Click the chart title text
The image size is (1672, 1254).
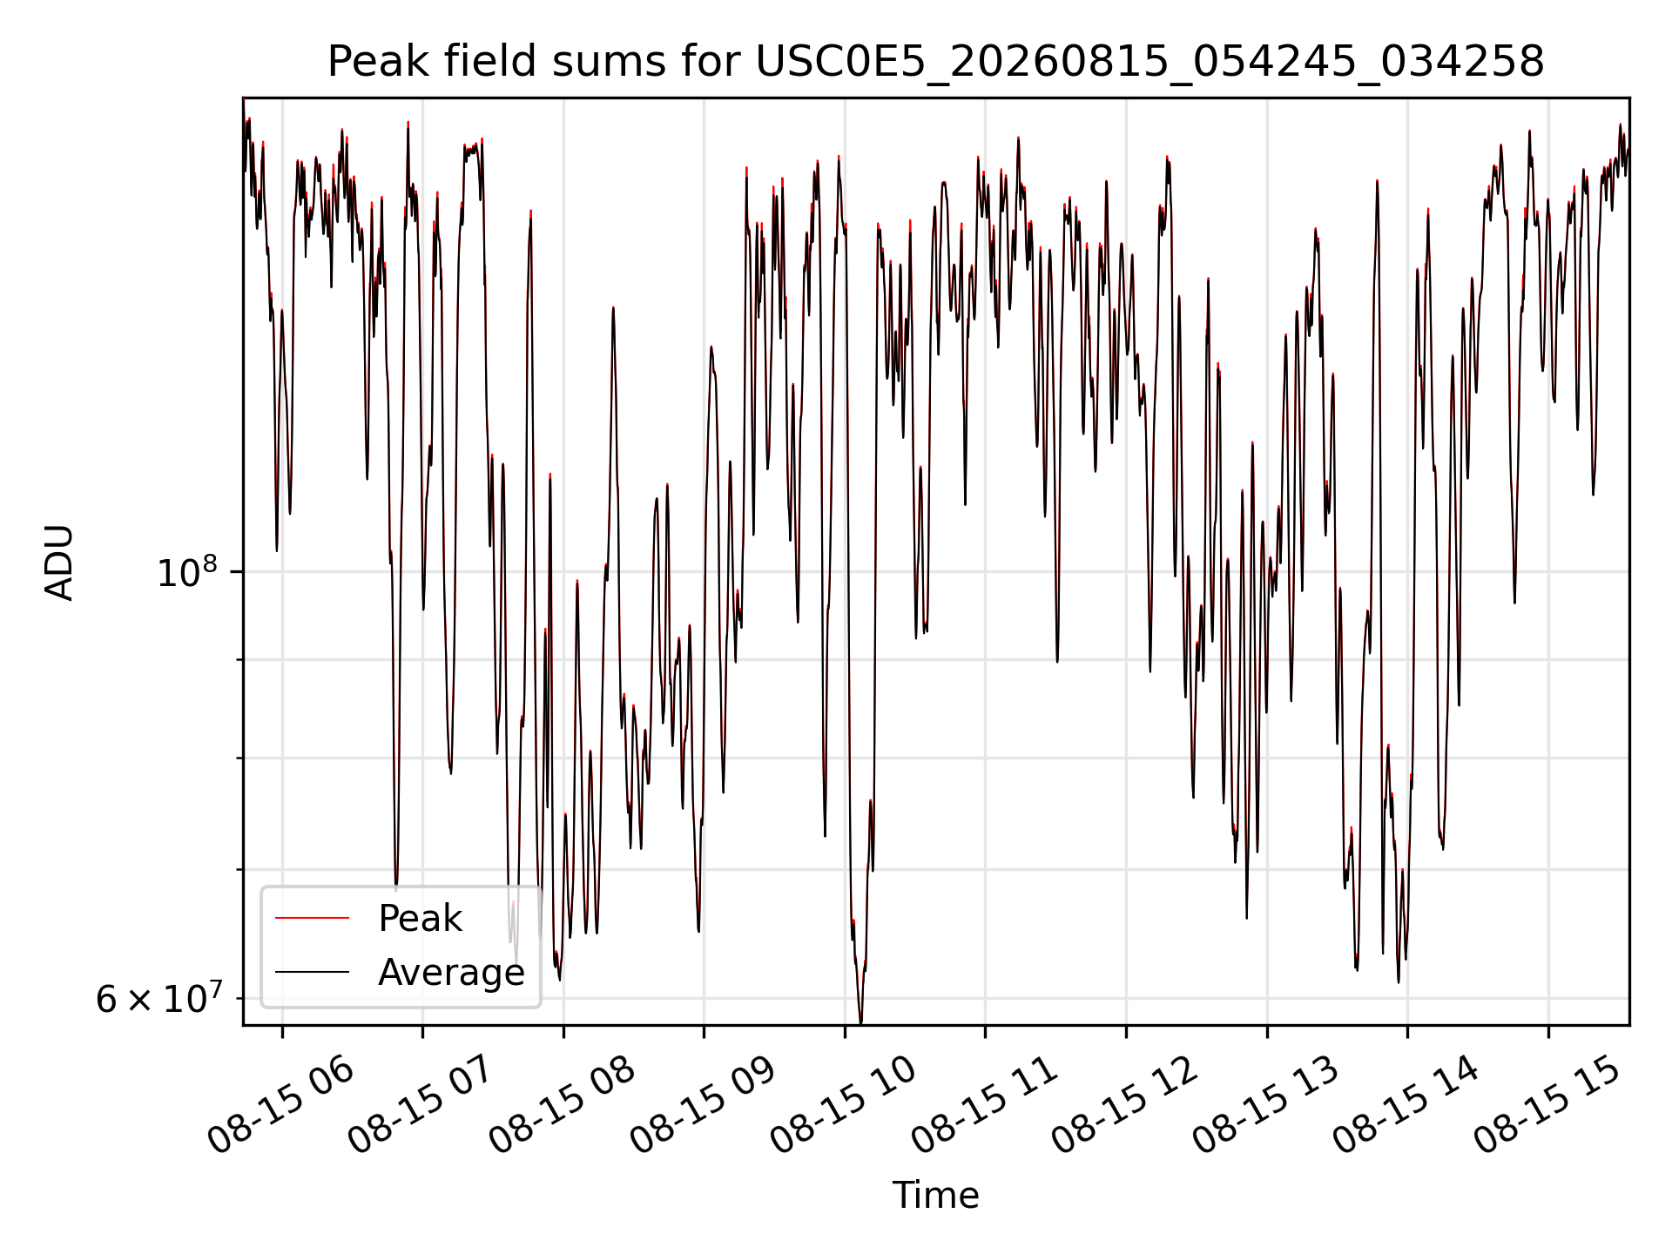point(935,63)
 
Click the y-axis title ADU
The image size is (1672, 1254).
point(59,563)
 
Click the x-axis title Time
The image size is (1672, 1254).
point(935,1196)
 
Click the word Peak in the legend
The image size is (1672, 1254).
point(420,919)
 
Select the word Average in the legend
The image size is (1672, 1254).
point(451,973)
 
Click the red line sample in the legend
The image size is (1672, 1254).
point(312,918)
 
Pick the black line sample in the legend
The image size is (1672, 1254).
point(312,972)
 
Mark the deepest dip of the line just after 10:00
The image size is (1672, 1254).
point(861,1023)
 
